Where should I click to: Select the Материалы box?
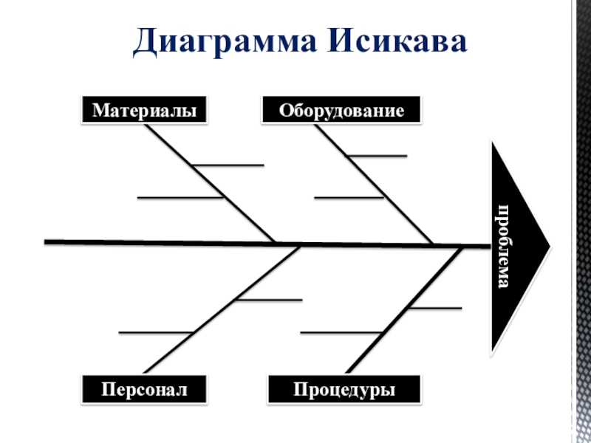pyautogui.click(x=144, y=111)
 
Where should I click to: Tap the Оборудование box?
pyautogui.click(x=341, y=111)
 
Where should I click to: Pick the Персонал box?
pyautogui.click(x=144, y=388)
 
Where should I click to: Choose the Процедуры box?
pyautogui.click(x=344, y=388)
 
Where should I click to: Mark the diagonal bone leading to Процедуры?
pyautogui.click(x=403, y=310)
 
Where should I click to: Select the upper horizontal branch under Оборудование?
pyautogui.click(x=378, y=156)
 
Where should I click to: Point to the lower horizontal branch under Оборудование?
pyautogui.click(x=348, y=198)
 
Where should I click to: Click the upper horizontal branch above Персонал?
pyautogui.click(x=270, y=300)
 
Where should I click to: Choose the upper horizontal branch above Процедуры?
pyautogui.click(x=436, y=307)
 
